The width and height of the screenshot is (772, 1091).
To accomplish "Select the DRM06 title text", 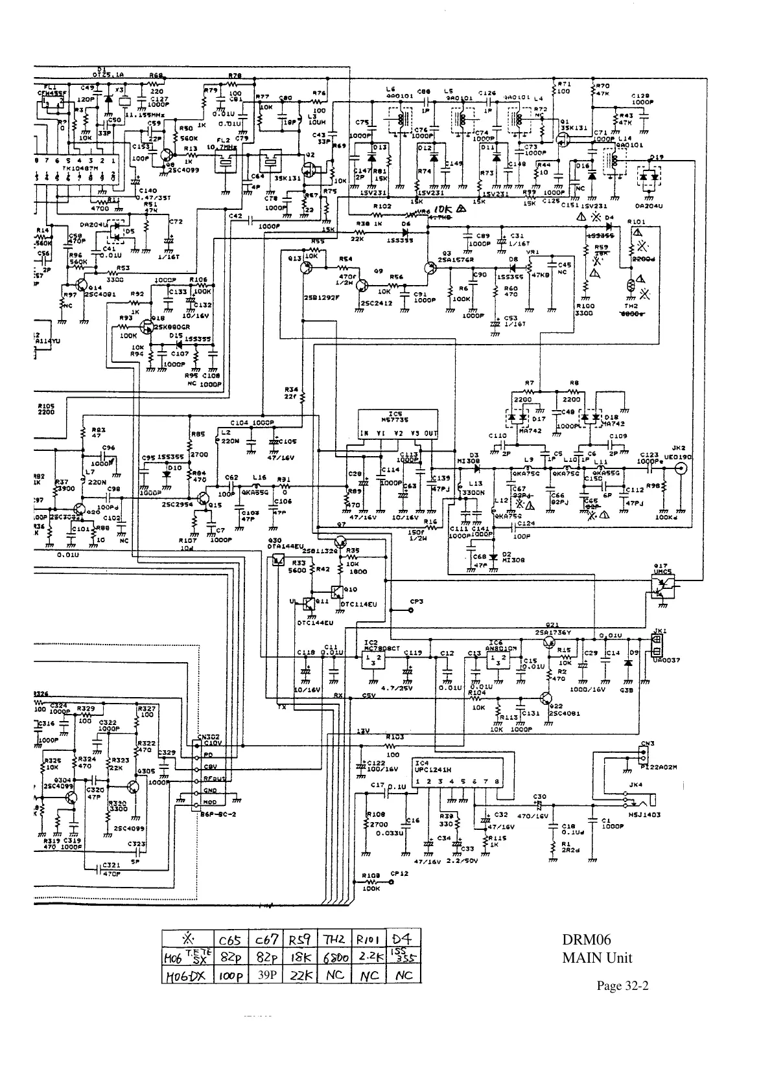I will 586,940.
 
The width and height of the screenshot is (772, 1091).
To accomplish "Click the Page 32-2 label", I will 622,986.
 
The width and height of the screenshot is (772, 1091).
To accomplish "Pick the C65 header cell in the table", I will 231,939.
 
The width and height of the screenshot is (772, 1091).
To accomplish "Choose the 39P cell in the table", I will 265,975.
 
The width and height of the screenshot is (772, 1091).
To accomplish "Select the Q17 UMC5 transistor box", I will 662,582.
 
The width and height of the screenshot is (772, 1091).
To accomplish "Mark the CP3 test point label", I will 416,601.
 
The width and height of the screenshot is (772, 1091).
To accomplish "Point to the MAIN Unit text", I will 596,958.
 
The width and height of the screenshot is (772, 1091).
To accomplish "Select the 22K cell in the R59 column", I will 301,975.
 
